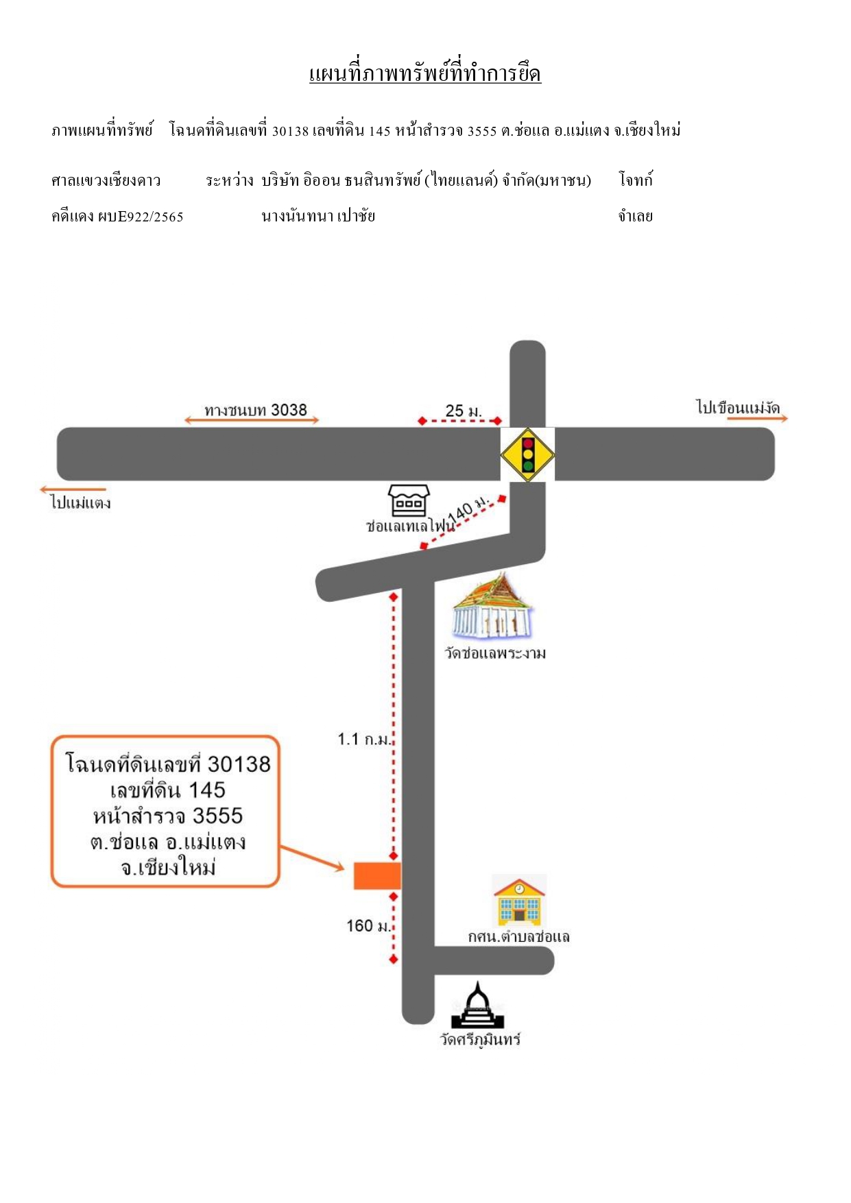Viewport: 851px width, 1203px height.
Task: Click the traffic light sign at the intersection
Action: click(527, 454)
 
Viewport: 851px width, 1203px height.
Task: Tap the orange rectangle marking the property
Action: click(377, 876)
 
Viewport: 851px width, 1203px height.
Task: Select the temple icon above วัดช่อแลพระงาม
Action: click(493, 606)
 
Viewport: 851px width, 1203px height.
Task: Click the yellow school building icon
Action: click(519, 901)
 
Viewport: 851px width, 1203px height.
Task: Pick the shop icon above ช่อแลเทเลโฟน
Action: click(409, 500)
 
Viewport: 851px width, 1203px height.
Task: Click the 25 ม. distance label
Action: click(464, 411)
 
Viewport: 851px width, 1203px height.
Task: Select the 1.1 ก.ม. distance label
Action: click(364, 739)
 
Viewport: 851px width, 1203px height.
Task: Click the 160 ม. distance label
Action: click(368, 926)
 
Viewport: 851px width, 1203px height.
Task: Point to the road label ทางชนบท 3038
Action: click(256, 410)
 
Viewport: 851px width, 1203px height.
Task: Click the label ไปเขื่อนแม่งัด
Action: click(738, 408)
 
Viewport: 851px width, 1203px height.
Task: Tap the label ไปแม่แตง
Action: click(81, 502)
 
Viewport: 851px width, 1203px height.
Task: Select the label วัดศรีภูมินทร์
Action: click(480, 1039)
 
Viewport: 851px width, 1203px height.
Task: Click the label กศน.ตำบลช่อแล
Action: click(519, 937)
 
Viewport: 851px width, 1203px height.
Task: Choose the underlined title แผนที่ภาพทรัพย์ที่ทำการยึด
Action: click(425, 73)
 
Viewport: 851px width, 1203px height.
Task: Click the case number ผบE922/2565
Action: click(141, 217)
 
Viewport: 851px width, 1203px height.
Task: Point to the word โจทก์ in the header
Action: click(636, 180)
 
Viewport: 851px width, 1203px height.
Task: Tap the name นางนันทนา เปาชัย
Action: click(318, 217)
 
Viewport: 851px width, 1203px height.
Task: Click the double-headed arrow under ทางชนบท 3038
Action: click(252, 420)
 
